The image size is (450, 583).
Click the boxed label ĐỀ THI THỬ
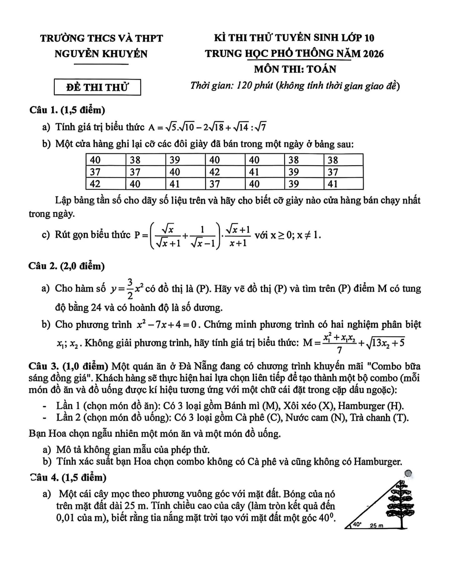(97, 87)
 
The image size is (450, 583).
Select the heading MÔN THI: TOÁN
(295, 69)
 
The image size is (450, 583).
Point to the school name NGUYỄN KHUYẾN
(101, 54)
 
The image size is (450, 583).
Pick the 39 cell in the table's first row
(185, 160)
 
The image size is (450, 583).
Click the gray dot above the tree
(408, 473)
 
